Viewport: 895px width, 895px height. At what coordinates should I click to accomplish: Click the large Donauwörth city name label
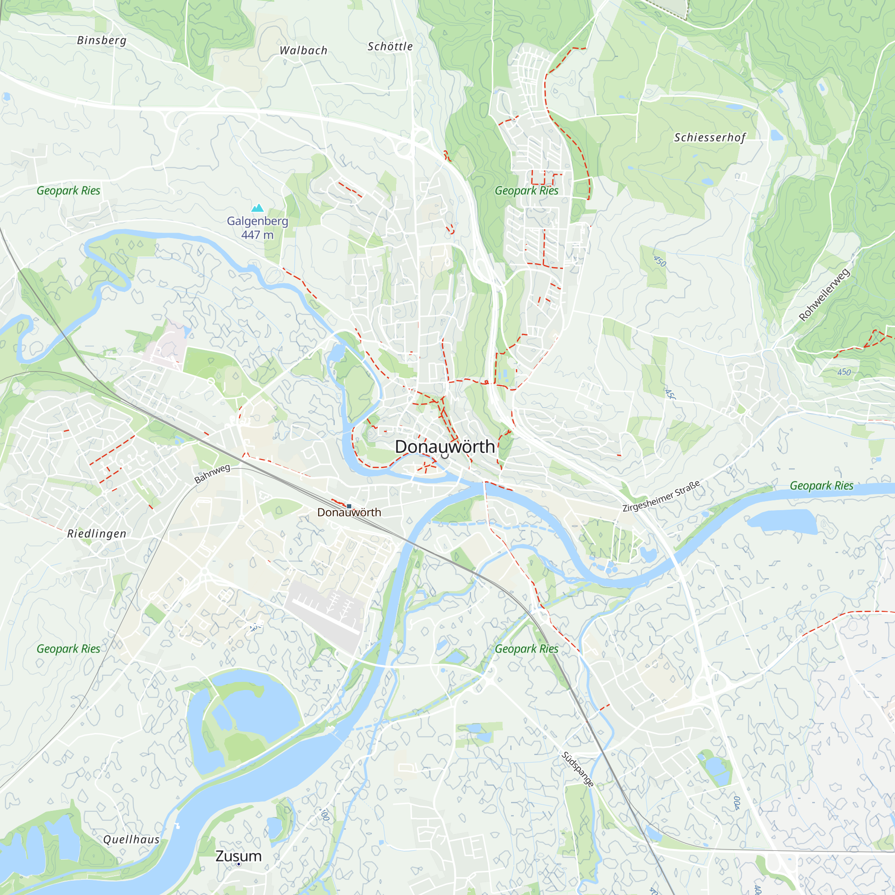tap(445, 447)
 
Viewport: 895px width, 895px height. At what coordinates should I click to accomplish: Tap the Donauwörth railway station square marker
tap(349, 506)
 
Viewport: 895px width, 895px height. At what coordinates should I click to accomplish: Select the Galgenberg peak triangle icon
tap(257, 208)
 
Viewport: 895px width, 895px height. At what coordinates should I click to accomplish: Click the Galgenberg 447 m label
tap(257, 227)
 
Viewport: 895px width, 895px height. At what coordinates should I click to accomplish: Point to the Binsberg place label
tap(102, 40)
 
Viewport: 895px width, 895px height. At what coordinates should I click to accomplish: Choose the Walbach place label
tap(303, 51)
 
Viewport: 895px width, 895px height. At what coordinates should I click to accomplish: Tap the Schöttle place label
tap(390, 47)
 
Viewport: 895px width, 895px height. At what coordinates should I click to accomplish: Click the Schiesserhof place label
tap(710, 137)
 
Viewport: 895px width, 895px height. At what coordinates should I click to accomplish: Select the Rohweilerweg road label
tap(825, 294)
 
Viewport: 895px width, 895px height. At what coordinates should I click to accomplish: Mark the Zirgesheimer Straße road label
tap(661, 497)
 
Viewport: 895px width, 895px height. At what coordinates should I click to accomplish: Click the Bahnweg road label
tap(212, 473)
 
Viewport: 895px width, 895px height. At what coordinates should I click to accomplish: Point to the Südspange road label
tap(578, 769)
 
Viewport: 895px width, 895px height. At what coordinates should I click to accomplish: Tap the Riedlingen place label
tap(97, 534)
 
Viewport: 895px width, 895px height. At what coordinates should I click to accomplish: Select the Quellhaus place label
tap(131, 840)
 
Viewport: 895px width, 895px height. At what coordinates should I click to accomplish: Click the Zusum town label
tap(239, 856)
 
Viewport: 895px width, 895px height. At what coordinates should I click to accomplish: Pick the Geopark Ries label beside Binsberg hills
tap(68, 190)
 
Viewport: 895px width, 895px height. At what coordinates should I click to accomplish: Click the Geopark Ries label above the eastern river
tap(821, 486)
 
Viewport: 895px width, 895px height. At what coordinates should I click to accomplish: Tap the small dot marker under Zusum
tap(239, 864)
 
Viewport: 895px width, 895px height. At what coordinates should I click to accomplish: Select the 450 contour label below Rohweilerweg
tap(844, 372)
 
